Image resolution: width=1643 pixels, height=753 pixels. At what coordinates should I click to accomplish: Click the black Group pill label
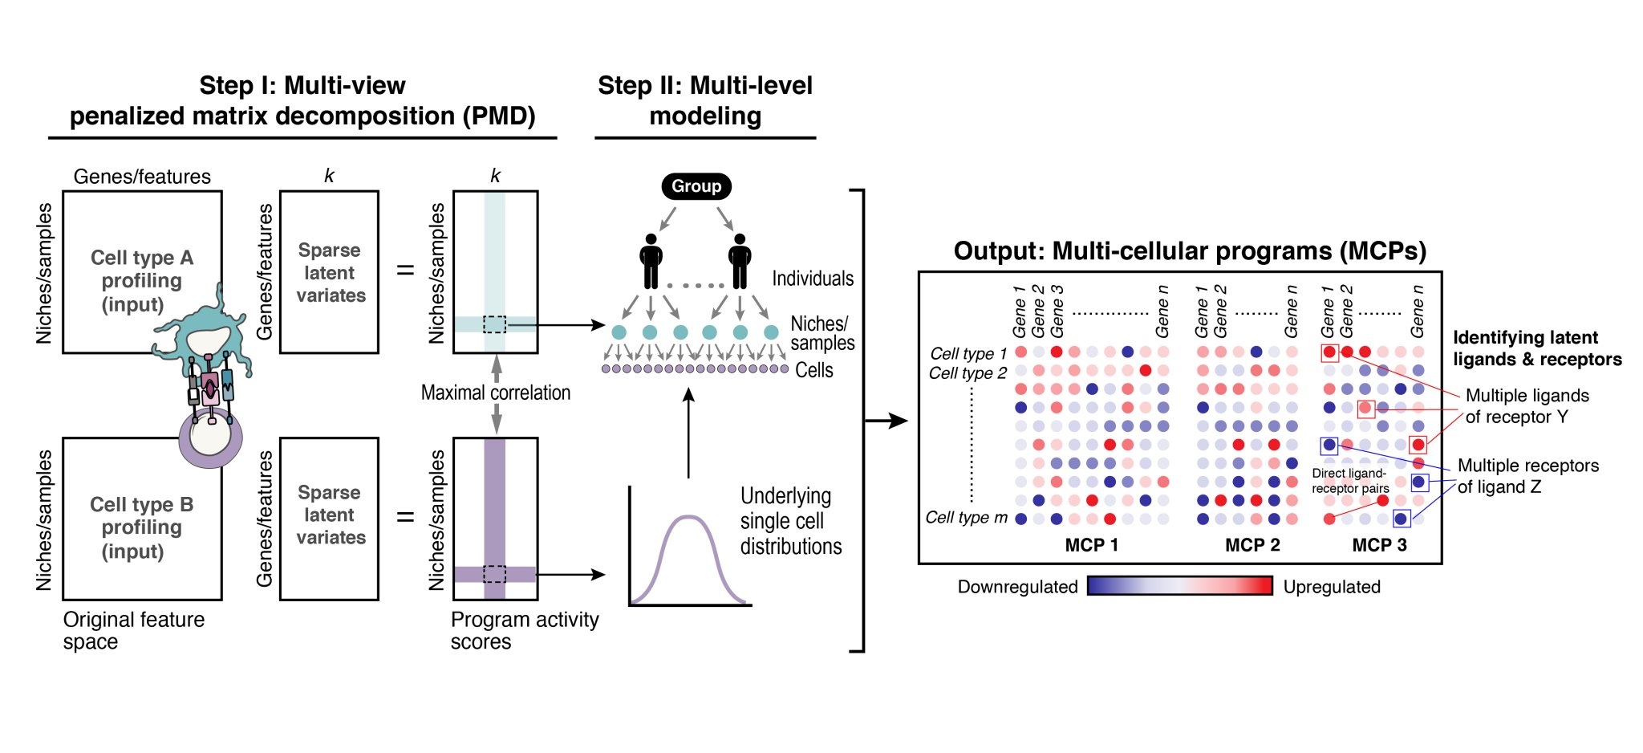coord(696,186)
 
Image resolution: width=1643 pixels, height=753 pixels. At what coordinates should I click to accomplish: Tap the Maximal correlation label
coord(495,393)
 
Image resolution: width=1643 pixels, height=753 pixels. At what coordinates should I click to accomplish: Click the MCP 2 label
coord(1252,545)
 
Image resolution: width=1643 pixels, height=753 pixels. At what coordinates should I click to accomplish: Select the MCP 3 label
coord(1379,545)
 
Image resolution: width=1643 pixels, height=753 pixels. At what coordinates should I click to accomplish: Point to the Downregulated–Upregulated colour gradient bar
coord(1179,586)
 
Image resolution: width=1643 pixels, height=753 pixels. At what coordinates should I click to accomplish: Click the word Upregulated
coord(1332,587)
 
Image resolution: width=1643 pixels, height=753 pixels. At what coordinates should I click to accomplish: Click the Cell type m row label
coord(966,518)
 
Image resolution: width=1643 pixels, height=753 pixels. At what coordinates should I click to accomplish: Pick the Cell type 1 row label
coord(968,353)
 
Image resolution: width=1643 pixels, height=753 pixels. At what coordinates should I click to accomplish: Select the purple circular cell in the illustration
coord(210,438)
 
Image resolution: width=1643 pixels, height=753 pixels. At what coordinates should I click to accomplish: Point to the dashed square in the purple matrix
coord(494,574)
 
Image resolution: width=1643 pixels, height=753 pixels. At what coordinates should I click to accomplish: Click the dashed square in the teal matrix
coord(494,324)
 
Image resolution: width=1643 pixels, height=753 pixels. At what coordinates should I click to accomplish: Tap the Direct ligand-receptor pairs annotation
coord(1349,481)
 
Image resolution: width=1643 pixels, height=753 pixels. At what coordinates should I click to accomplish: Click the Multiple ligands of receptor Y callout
coord(1526,406)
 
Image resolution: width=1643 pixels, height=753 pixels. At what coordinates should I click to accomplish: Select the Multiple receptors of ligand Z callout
coord(1527,476)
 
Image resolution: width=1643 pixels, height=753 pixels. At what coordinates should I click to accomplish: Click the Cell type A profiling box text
coord(141,280)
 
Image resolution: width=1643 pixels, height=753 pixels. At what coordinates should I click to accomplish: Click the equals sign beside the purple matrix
coord(406,516)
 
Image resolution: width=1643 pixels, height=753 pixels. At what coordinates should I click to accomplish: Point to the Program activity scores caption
coord(524,630)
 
